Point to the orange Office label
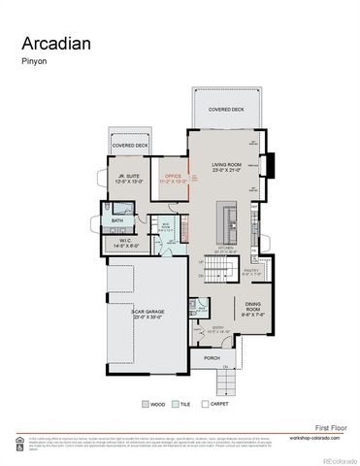click(173, 177)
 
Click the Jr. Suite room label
click(128, 177)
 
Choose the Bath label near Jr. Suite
click(117, 220)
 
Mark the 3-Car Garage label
click(146, 314)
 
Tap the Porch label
click(213, 357)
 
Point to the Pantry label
click(251, 272)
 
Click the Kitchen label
click(225, 250)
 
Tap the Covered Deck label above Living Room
click(226, 111)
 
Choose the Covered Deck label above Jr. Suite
click(129, 146)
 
